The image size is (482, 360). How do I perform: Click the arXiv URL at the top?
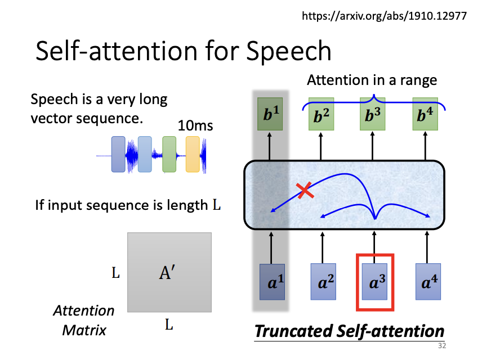(384, 16)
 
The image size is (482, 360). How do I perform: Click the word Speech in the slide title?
(289, 52)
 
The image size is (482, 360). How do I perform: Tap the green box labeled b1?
(270, 114)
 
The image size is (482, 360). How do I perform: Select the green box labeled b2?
(321, 114)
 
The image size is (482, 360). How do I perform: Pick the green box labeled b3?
(373, 114)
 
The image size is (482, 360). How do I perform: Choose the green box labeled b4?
(425, 114)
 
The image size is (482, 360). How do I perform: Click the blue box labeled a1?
(273, 282)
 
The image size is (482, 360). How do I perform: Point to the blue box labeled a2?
(323, 282)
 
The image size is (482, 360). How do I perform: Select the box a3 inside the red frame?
(374, 282)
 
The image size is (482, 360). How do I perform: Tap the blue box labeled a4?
(428, 282)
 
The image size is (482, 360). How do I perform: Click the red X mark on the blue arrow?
(305, 191)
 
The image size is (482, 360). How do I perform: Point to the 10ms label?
(195, 125)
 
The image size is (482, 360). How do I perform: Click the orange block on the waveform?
(193, 154)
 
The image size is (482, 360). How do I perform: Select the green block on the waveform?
(169, 154)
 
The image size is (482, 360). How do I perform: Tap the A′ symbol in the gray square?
(167, 272)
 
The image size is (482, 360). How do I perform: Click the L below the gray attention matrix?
(169, 325)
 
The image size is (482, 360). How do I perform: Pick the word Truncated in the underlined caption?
(294, 331)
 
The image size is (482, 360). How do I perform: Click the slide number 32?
(442, 345)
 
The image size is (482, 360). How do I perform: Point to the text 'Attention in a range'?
(372, 80)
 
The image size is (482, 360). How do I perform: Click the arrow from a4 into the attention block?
(427, 247)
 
